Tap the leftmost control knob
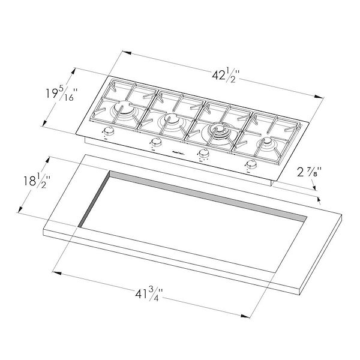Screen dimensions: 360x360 [x=109, y=133]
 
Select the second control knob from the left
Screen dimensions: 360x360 [x=155, y=142]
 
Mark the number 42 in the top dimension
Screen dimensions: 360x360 [x=219, y=76]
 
